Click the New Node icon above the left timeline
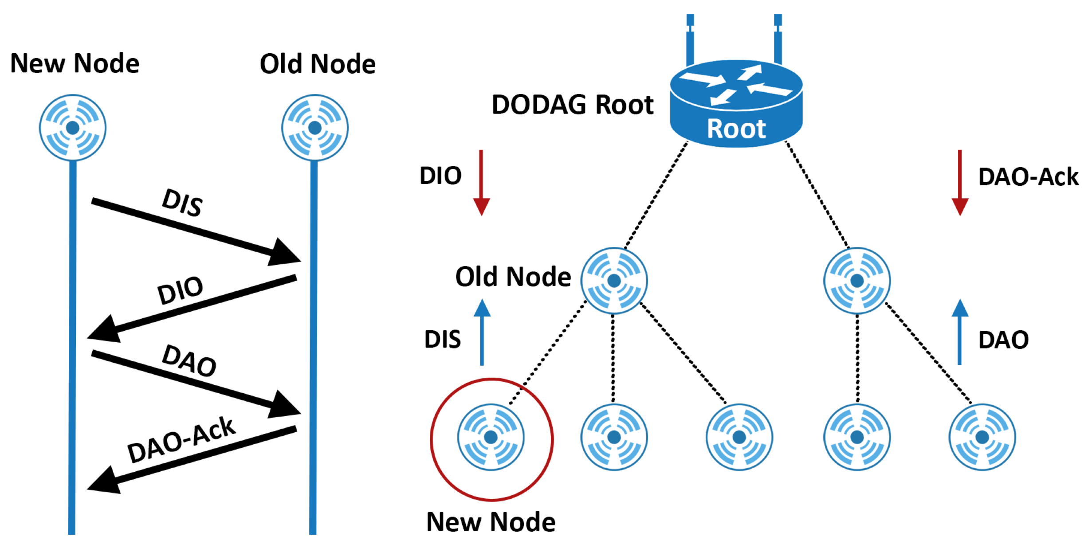pyautogui.click(x=72, y=128)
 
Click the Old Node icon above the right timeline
pyautogui.click(x=314, y=128)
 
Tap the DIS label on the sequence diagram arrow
pyautogui.click(x=182, y=203)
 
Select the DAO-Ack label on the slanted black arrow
pyautogui.click(x=181, y=440)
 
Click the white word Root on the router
pyautogui.click(x=736, y=129)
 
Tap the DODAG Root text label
pyautogui.click(x=572, y=105)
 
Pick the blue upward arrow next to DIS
pyautogui.click(x=482, y=332)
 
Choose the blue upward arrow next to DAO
pyautogui.click(x=960, y=332)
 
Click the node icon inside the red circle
pyautogui.click(x=491, y=437)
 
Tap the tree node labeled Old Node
pyautogui.click(x=614, y=281)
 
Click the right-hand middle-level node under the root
pyautogui.click(x=857, y=281)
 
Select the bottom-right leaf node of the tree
pyautogui.click(x=982, y=437)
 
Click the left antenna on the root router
pyautogui.click(x=690, y=40)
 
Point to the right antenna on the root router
pyautogui.click(x=778, y=40)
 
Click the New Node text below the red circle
pyautogui.click(x=491, y=522)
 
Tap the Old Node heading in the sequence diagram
pyautogui.click(x=318, y=64)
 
